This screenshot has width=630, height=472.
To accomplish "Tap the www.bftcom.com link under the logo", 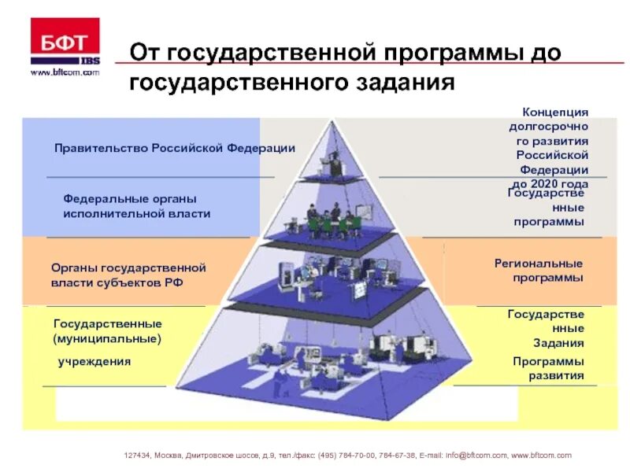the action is tap(65, 72).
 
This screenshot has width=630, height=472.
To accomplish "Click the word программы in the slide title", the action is tap(446, 53).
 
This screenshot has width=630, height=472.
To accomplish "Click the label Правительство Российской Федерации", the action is tap(175, 148).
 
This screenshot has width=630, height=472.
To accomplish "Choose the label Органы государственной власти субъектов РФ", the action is tap(128, 275).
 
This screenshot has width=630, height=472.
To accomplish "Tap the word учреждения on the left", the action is tap(94, 362).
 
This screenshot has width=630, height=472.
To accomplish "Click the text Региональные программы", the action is tap(539, 271).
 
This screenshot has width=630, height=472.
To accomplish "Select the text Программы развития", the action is tap(548, 368).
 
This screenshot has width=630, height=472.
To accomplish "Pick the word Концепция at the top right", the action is tap(555, 113).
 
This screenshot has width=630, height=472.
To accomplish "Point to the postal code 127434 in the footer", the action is tap(139, 455).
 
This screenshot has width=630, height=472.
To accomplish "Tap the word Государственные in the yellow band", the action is tap(107, 324).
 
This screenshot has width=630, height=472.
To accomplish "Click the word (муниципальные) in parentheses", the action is tap(107, 339).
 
